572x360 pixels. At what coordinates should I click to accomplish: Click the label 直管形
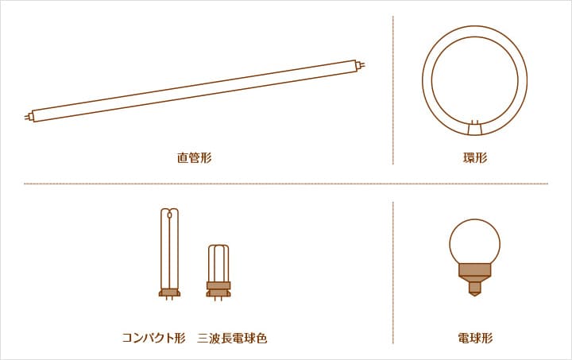point(194,158)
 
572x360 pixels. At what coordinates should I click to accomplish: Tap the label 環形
point(475,158)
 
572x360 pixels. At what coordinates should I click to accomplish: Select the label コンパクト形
point(153,338)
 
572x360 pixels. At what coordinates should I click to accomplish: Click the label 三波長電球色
point(232,338)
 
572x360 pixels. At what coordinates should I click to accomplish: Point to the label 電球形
point(475,338)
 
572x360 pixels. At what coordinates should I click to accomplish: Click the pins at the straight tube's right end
point(361,65)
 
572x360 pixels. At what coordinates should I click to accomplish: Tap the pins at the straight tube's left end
point(29,117)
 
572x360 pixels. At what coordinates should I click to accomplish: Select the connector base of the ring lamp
point(474,128)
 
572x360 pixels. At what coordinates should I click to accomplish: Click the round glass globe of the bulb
point(474,242)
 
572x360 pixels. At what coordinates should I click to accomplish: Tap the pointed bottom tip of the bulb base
point(474,295)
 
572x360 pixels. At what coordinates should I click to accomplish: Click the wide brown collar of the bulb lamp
point(474,269)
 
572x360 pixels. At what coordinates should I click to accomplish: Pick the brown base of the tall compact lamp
point(169,292)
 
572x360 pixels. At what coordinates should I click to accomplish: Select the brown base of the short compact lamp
point(218,289)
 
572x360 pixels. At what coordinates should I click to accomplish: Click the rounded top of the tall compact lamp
point(169,211)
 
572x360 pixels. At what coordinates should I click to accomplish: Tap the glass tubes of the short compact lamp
point(218,263)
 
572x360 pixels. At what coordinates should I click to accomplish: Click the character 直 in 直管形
point(183,158)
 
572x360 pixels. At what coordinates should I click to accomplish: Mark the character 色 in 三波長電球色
point(261,338)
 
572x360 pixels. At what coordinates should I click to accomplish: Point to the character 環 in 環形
point(470,158)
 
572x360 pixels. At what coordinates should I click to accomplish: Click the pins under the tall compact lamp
point(169,298)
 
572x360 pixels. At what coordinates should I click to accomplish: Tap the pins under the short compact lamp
point(218,299)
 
